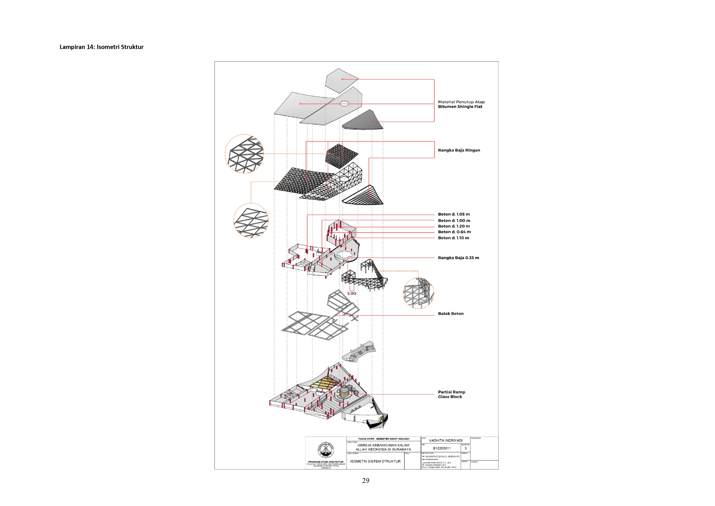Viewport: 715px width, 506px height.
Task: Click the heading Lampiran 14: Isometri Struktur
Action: point(101,47)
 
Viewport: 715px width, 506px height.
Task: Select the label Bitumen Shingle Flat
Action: point(460,107)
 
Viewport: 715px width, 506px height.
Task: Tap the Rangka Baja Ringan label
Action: point(459,150)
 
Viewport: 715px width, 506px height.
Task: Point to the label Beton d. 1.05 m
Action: point(454,214)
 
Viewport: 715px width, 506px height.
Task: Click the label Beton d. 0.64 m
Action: point(454,232)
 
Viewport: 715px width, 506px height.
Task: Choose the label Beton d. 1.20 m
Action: point(454,226)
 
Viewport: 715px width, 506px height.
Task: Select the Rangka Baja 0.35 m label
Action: point(458,258)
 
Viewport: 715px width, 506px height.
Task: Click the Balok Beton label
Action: point(451,313)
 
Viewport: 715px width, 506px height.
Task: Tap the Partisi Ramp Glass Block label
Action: point(451,394)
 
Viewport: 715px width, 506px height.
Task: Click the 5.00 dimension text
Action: point(351,294)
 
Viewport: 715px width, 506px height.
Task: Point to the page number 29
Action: point(366,480)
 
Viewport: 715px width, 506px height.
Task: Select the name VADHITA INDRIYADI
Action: point(445,440)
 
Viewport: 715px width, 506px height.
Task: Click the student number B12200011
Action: point(441,448)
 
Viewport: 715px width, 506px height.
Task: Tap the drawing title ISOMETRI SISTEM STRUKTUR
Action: point(375,461)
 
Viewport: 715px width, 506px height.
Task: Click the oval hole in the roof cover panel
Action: point(344,104)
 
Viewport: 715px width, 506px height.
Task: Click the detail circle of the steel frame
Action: point(418,293)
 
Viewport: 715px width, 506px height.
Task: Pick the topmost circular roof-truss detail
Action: point(244,154)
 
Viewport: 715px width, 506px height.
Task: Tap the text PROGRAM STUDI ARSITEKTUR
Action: point(325,462)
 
